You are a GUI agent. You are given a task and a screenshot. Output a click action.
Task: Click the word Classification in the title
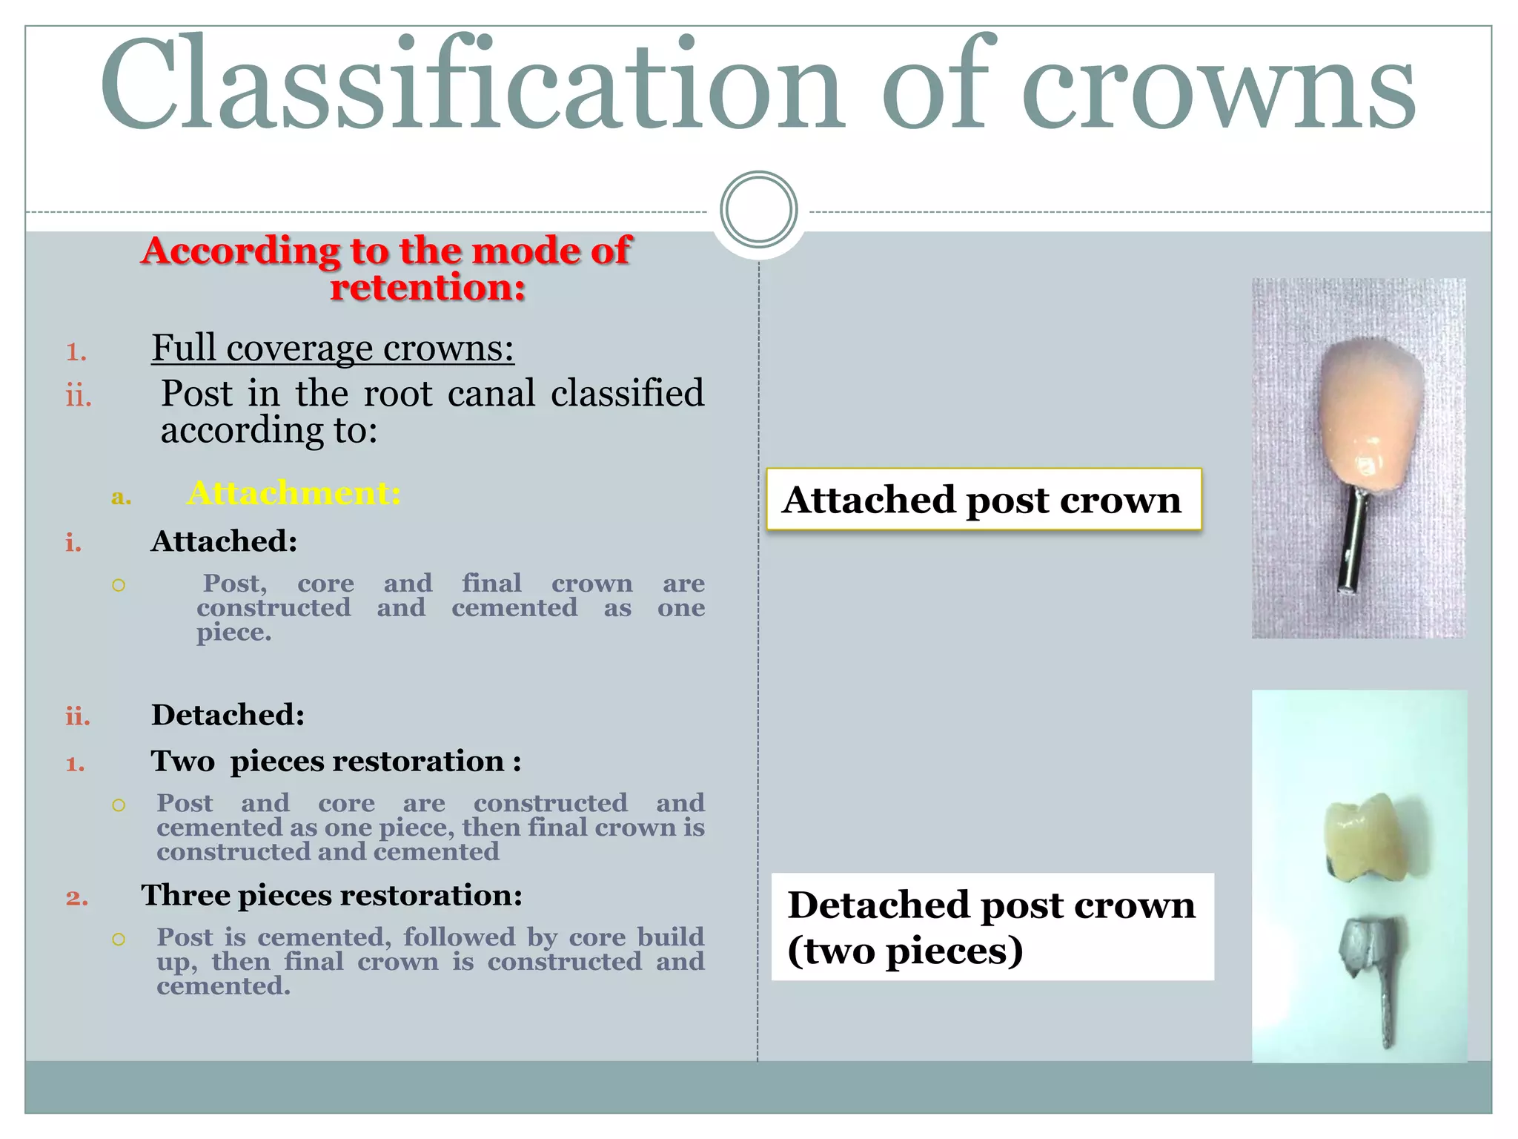[471, 85]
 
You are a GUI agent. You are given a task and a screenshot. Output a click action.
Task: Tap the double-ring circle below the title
[758, 209]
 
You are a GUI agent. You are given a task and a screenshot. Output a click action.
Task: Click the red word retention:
[428, 288]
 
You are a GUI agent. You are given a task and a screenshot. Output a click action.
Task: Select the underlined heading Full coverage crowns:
[333, 348]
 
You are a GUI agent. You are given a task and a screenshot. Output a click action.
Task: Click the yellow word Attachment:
[294, 493]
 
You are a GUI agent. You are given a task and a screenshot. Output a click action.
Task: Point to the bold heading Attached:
[224, 541]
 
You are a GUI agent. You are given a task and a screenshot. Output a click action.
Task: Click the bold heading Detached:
[228, 715]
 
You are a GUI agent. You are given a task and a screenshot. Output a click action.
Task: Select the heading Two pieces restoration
[335, 762]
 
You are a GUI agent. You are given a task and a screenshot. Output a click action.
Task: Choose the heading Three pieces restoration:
[331, 895]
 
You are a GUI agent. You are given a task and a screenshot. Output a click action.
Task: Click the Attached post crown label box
[983, 499]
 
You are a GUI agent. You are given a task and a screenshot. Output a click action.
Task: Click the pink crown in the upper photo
[1371, 412]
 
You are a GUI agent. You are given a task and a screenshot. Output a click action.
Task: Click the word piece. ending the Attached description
[233, 633]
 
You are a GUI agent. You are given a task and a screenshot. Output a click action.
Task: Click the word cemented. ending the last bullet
[223, 986]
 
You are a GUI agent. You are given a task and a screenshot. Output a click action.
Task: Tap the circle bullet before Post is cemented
[119, 939]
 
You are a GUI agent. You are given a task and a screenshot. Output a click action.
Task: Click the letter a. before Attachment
[121, 496]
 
